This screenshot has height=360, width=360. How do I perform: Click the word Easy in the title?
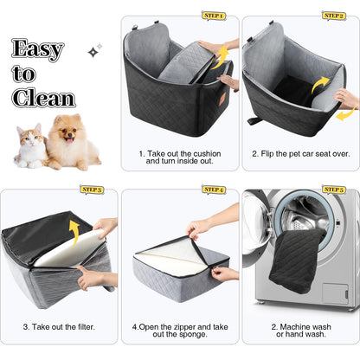[38, 50]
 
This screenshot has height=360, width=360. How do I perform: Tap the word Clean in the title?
[42, 98]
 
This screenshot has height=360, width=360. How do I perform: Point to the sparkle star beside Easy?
[93, 51]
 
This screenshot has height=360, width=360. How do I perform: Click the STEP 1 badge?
[213, 16]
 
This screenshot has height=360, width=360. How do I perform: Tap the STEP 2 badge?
[334, 16]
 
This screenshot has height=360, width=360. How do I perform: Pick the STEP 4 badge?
[213, 189]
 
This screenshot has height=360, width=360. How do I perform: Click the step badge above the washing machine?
[334, 189]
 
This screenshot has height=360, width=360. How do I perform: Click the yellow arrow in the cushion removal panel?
[221, 55]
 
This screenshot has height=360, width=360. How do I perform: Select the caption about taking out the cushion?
[179, 157]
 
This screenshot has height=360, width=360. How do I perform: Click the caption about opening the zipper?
[179, 331]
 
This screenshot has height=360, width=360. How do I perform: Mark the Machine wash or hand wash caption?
[300, 331]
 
